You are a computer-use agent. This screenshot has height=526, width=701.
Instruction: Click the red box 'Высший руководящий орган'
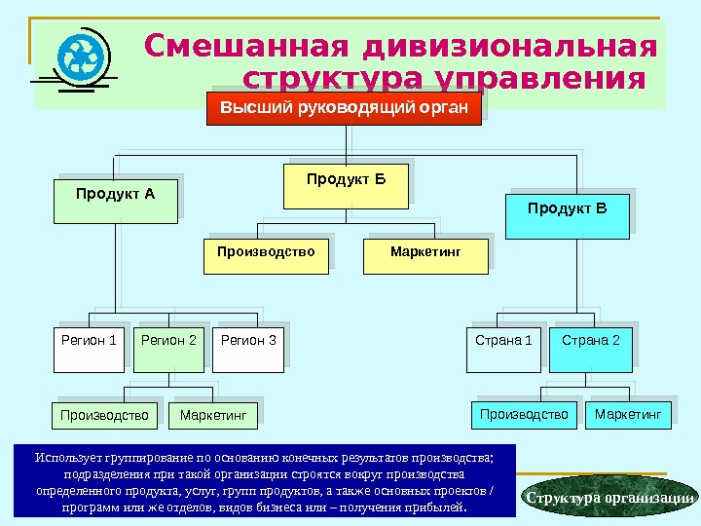[x=344, y=108]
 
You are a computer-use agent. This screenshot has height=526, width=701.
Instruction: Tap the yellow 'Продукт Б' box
[x=346, y=186]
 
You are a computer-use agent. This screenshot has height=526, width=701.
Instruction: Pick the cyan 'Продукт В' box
[x=567, y=215]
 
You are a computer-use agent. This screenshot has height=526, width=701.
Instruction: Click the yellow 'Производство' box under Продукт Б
[x=266, y=255]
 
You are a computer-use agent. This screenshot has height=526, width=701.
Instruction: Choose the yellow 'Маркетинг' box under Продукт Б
[x=424, y=255]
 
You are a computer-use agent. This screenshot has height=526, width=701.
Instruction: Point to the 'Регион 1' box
[x=89, y=351]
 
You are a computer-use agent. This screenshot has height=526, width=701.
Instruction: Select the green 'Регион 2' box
[x=168, y=351]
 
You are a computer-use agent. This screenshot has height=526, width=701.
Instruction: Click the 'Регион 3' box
[x=248, y=351]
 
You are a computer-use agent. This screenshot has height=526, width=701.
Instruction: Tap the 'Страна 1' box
[x=503, y=351]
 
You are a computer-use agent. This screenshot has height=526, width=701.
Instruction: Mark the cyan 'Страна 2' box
[x=590, y=351]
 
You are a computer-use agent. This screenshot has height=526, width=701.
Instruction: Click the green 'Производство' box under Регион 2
[x=104, y=416]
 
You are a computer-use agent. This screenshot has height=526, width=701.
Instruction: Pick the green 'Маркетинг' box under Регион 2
[x=213, y=416]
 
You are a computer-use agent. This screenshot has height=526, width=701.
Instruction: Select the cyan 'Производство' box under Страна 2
[x=524, y=415]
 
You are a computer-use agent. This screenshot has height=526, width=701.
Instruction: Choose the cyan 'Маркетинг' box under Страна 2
[x=627, y=415]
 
